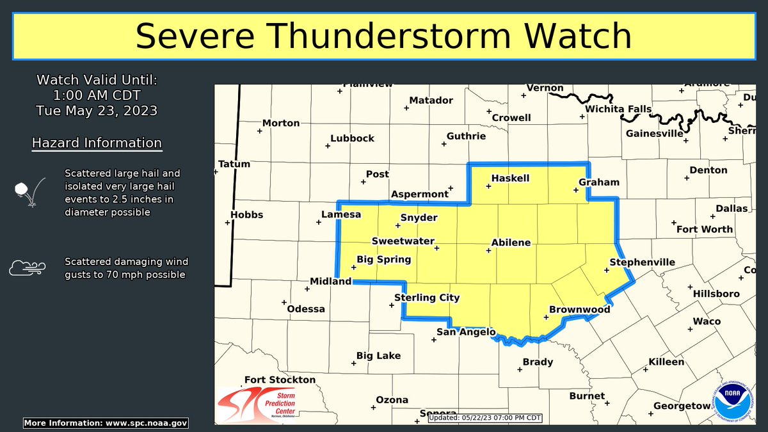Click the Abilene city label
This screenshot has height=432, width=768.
(511, 243)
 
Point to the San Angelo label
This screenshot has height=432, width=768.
(466, 332)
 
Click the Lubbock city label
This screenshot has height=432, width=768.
(352, 138)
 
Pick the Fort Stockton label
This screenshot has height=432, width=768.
(280, 380)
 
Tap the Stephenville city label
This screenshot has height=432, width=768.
(633, 262)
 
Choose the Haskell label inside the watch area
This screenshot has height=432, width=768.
(510, 178)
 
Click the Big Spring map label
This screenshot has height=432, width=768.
(383, 260)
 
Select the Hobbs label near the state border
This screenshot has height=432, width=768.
(246, 214)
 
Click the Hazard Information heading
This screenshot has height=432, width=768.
(97, 143)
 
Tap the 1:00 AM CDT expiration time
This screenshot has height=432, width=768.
(97, 95)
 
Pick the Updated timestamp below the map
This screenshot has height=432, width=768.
(485, 418)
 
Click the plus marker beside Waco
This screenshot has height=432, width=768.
(690, 329)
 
